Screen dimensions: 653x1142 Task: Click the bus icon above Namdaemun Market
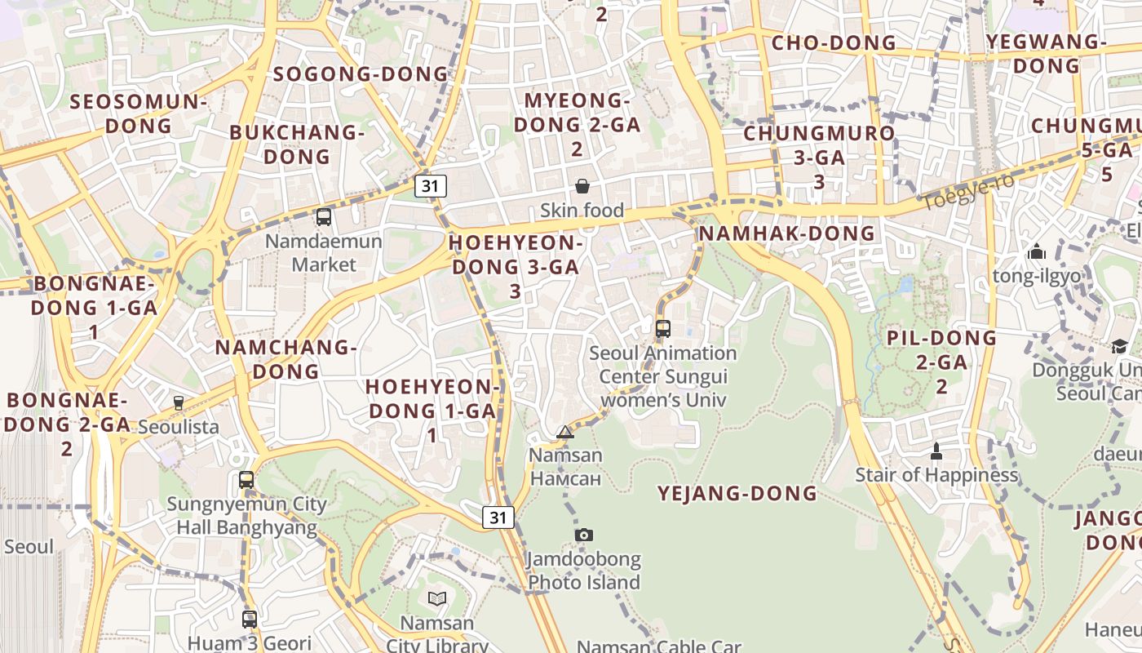(x=324, y=217)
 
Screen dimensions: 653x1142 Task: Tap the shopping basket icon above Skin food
(x=582, y=186)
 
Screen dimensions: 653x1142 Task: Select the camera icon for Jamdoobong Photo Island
(x=584, y=535)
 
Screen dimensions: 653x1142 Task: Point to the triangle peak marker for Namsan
(x=565, y=432)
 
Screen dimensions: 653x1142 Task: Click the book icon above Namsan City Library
(x=437, y=598)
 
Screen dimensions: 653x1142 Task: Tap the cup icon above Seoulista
(x=179, y=402)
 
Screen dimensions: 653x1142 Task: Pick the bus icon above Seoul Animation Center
(x=663, y=329)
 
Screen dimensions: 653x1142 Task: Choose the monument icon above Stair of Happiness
(x=936, y=451)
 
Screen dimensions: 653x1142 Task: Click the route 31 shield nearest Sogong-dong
(x=431, y=186)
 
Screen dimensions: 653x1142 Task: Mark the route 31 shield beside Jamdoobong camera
(x=498, y=517)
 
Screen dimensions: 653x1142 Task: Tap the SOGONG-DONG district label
(x=361, y=74)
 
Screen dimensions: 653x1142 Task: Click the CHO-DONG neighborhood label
(x=834, y=43)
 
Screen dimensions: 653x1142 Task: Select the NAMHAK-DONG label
(x=787, y=233)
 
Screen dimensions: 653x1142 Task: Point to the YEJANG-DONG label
(x=737, y=493)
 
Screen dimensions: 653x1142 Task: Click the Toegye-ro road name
(x=968, y=191)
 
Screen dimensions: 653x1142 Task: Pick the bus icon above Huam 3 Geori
(x=250, y=619)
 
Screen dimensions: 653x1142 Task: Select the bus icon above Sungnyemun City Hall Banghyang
(x=246, y=480)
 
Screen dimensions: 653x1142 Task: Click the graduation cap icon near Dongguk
(x=1119, y=346)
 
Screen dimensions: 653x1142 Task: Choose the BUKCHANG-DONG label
(x=296, y=144)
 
